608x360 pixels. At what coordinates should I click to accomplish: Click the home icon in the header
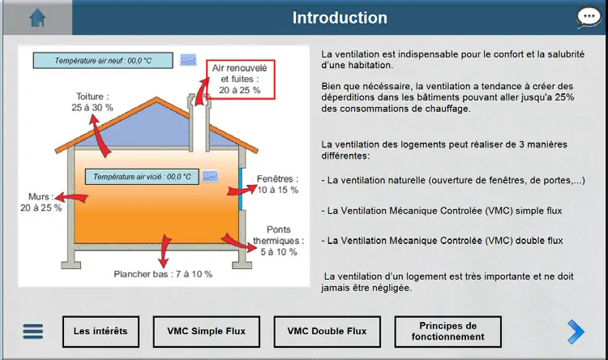pos(37,18)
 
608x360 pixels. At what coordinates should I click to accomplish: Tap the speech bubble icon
pos(589,18)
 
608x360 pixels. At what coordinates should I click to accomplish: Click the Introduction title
pos(340,18)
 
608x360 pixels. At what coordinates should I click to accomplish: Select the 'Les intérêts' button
pos(101,332)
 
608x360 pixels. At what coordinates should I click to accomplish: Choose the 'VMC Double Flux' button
pos(327,332)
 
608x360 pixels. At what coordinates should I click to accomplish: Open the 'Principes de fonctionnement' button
pos(447,332)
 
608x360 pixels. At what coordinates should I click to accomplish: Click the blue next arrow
pos(576,332)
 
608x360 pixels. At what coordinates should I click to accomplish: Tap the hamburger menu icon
pos(33,332)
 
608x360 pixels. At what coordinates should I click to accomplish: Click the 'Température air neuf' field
pos(103,61)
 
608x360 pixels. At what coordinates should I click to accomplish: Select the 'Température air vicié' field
pos(142,177)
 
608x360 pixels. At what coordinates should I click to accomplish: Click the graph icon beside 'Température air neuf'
pos(188,60)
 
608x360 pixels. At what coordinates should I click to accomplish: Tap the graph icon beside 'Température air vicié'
pos(210,177)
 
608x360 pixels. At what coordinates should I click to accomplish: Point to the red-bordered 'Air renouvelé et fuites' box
pos(241,79)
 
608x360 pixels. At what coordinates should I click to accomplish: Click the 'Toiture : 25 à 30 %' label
pos(92,102)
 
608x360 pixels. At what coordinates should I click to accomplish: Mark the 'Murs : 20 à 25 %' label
pos(41,202)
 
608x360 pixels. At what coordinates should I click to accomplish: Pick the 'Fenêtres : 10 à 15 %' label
pos(277,184)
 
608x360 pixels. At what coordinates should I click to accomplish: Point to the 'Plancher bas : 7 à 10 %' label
pos(163,274)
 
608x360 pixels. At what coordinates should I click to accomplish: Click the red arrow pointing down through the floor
pos(165,251)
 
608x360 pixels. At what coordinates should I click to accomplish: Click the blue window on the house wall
pos(241,189)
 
